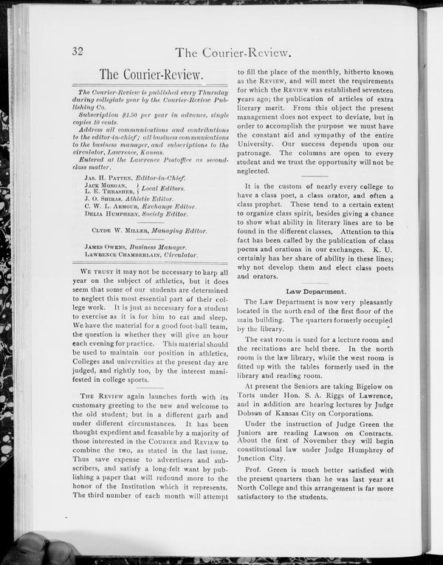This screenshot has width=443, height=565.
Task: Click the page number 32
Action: (77, 51)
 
